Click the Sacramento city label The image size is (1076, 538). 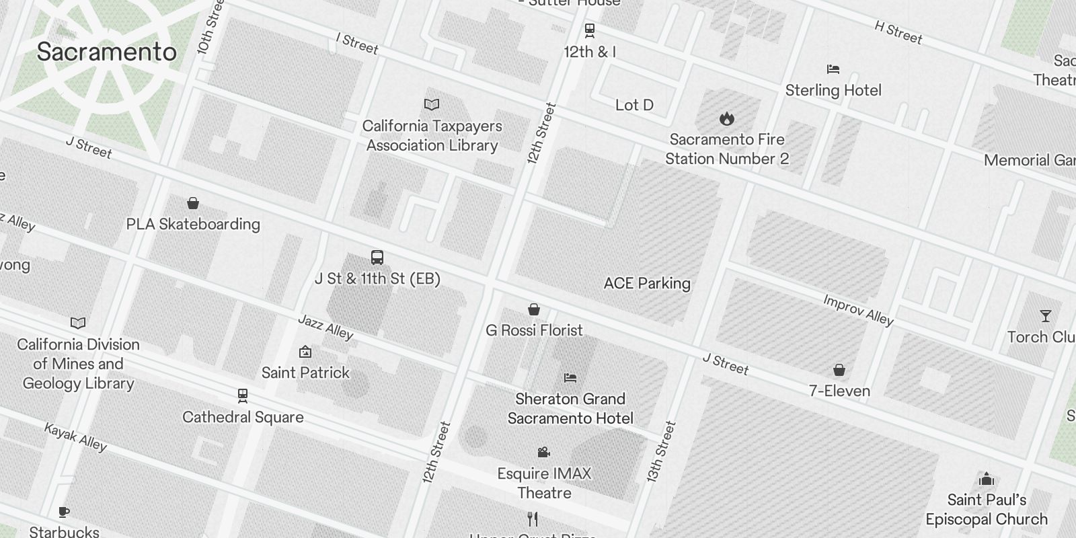coord(106,52)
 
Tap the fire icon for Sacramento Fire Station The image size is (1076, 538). coord(726,119)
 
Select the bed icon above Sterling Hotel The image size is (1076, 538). coord(833,69)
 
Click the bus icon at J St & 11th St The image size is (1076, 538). coord(377,258)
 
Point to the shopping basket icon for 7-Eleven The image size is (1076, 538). coord(839,370)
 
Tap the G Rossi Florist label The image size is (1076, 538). coord(534,330)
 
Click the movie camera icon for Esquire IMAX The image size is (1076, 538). coord(544,453)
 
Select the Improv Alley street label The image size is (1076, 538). coord(858,309)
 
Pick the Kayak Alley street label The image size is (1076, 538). coord(75,436)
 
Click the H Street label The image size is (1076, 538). coord(898,32)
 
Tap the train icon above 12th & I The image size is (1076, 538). coord(590,30)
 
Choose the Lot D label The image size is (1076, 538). coord(634,105)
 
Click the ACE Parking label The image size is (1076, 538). coord(647,283)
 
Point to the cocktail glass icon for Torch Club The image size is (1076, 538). coord(1045,316)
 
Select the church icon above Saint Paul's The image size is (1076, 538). coord(987,479)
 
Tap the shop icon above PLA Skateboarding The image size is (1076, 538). coord(193,203)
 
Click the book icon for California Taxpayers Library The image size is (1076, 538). coord(432,105)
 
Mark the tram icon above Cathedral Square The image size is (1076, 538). coord(243,396)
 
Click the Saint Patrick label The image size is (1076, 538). coord(305,373)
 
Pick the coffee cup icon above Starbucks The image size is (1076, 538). coord(64,512)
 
